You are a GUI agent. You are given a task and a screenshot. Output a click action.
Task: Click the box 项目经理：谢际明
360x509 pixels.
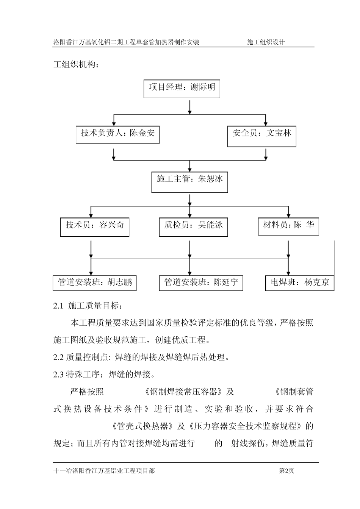(x=182, y=89)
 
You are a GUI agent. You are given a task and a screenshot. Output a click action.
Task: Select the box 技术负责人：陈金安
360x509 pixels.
(x=117, y=134)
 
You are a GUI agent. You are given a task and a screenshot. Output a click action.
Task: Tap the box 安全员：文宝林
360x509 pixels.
(x=261, y=136)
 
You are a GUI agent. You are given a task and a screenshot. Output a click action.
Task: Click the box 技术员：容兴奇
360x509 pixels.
(x=95, y=226)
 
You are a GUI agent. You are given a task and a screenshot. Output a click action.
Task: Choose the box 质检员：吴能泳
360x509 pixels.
(x=193, y=226)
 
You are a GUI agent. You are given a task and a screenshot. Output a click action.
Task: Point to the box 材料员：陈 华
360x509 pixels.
(x=288, y=226)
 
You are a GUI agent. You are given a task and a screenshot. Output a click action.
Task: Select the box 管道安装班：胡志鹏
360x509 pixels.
(x=95, y=283)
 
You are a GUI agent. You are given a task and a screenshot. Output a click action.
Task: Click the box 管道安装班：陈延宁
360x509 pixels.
(x=201, y=283)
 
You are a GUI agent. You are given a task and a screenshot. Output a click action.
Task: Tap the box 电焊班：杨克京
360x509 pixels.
(x=300, y=283)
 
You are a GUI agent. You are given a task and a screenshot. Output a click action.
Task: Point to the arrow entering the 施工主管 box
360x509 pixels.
(x=189, y=166)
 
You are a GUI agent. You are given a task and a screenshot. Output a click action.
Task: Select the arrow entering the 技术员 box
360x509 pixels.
(x=91, y=211)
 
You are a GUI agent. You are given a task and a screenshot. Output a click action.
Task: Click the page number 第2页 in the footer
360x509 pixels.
(x=286, y=471)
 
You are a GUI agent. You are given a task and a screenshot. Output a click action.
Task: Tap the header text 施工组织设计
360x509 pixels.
(x=266, y=42)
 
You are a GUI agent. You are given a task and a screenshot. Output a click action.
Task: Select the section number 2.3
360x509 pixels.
(x=58, y=375)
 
